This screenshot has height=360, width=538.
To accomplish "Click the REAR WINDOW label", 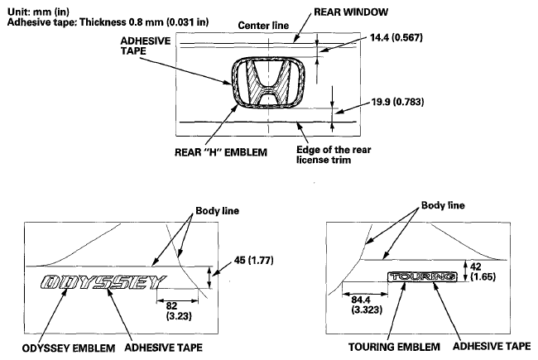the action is click(351, 12).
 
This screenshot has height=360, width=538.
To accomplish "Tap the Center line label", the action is click(263, 26).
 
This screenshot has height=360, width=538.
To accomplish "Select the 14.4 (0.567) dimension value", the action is click(396, 37).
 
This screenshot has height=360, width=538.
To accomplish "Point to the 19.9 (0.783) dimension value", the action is click(397, 102).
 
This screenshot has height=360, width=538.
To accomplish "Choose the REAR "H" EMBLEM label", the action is click(221, 152).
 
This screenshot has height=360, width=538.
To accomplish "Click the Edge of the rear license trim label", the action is click(334, 155).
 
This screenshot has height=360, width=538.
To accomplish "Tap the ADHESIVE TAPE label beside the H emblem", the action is click(146, 46).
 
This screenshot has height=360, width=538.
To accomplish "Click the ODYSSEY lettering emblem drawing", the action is click(103, 282).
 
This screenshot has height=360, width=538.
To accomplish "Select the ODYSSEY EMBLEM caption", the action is click(69, 348).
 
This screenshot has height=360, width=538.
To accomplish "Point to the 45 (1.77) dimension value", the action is click(254, 261).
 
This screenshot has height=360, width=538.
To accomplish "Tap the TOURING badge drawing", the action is click(422, 276).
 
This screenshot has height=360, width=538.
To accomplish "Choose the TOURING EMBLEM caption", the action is click(394, 347).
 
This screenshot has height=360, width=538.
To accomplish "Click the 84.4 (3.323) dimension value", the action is click(367, 305).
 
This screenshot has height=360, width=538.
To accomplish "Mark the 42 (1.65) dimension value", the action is click(483, 271).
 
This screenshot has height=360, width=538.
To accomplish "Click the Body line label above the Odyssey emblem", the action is click(217, 211).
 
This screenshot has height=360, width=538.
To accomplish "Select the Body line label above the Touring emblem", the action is click(443, 205).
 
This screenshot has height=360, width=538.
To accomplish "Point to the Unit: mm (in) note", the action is click(38, 12).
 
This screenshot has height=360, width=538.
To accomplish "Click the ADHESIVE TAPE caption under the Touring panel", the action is click(492, 346).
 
